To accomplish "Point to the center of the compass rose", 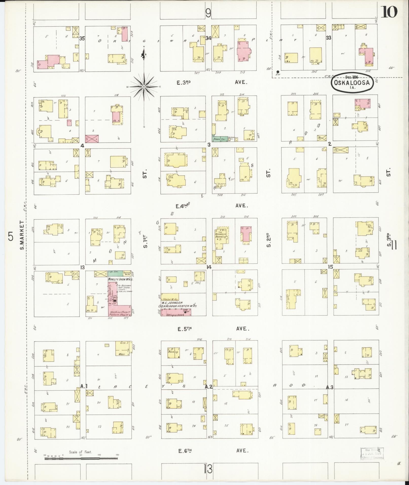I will click(x=144, y=87).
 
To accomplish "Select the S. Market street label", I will click(x=22, y=235).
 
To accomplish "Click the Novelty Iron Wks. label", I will click(x=121, y=279).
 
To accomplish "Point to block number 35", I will click(x=82, y=39).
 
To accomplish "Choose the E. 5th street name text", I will click(x=184, y=329).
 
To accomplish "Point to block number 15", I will click(x=330, y=267).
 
